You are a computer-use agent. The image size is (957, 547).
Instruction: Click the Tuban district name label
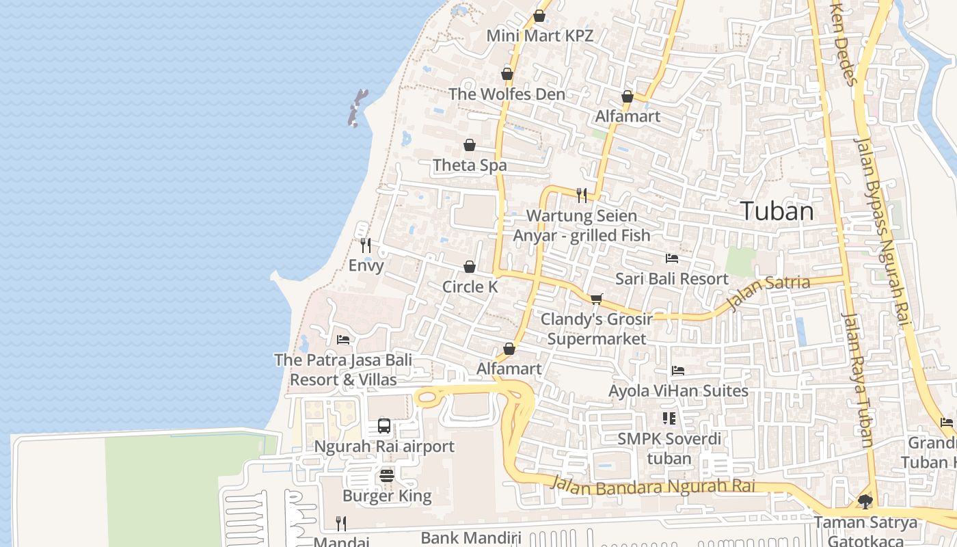pos(777,211)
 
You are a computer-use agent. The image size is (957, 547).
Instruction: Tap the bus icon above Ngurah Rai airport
pos(384,426)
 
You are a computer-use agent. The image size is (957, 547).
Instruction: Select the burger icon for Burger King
pos(387,475)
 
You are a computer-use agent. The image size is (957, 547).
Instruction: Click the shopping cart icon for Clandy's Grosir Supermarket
pos(596,299)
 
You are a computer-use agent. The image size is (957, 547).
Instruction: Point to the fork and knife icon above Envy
pos(366,245)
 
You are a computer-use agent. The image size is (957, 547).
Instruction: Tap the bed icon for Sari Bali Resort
pos(672,258)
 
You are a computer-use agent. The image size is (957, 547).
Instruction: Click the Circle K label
pos(470,287)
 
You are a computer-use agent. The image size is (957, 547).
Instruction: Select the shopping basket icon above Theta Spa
pos(470,145)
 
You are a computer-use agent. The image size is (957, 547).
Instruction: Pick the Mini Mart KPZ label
pos(539,36)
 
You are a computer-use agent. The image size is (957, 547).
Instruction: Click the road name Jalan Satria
pos(768,292)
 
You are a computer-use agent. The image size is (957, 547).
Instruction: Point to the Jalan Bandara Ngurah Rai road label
pos(653,486)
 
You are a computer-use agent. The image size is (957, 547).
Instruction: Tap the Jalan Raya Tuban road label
pos(858,380)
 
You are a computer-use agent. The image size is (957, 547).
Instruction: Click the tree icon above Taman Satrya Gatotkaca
pos(865,502)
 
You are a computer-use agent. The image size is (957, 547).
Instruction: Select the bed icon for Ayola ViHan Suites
pos(678,371)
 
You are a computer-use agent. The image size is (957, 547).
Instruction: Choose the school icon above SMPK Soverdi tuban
pos(669,418)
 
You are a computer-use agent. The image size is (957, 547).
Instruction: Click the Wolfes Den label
pos(507,94)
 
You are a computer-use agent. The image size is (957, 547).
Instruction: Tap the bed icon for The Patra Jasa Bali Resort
pos(343,339)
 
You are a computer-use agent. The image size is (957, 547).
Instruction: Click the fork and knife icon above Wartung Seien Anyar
pos(582,196)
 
